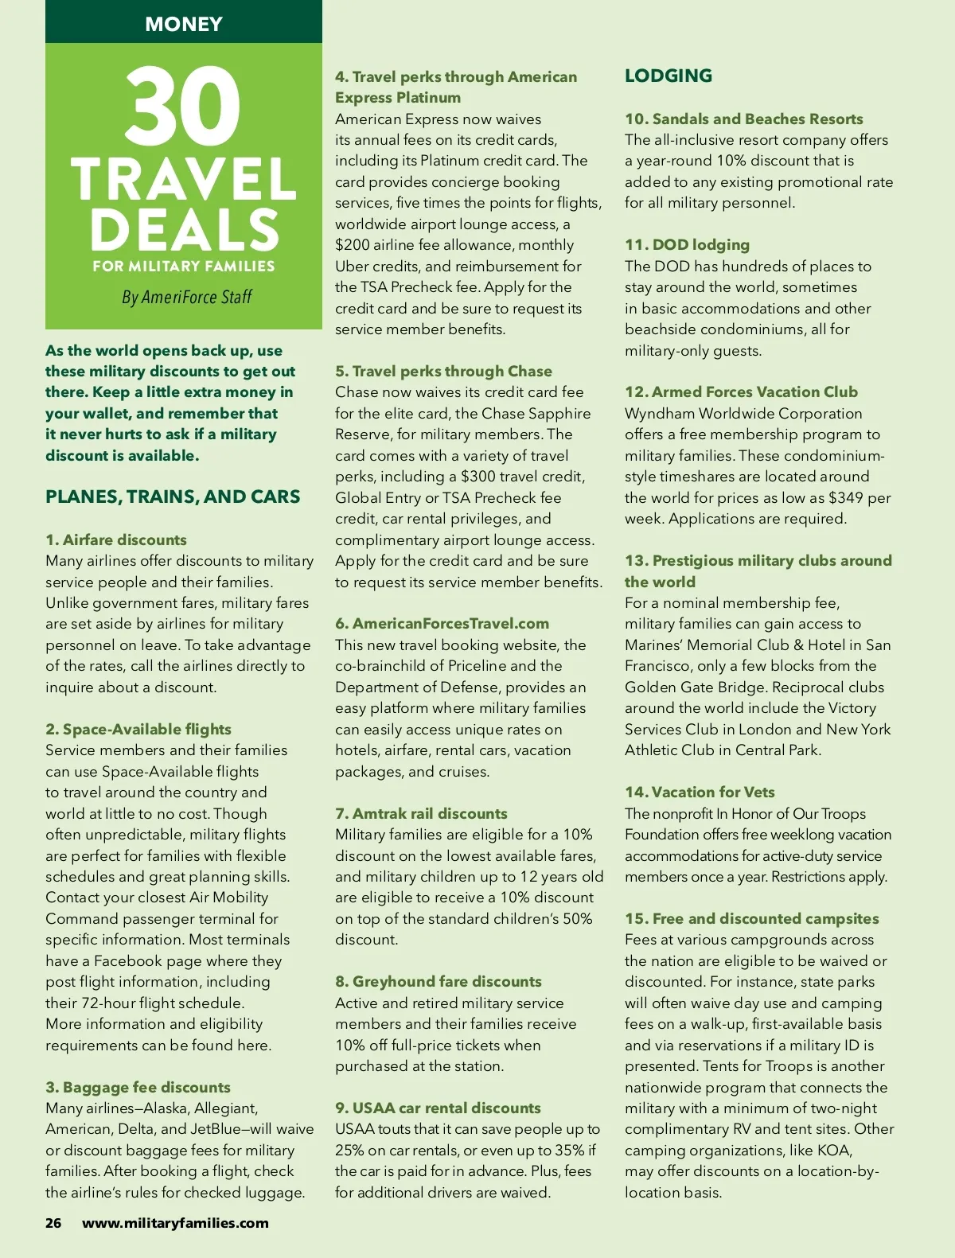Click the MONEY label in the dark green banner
[184, 24]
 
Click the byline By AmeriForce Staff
[186, 297]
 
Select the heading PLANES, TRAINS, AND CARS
[173, 497]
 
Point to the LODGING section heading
[668, 76]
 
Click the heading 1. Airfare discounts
[116, 539]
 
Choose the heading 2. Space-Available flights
[138, 729]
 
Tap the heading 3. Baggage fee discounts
[138, 1087]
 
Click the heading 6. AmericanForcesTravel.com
[442, 623]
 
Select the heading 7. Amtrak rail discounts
[421, 813]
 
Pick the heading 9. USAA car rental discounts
[438, 1108]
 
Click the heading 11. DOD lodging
[687, 244]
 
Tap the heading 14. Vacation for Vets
[700, 792]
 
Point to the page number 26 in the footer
[53, 1223]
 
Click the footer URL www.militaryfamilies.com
[175, 1223]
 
